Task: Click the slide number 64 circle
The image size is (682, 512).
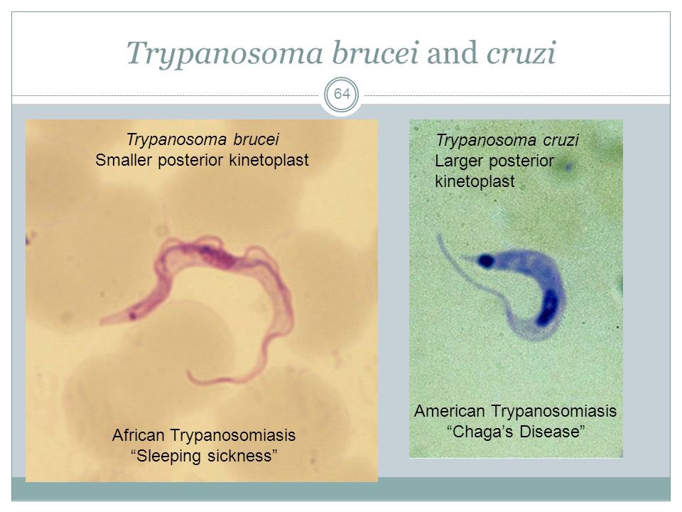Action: pos(342,95)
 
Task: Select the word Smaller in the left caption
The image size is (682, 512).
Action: pos(123,161)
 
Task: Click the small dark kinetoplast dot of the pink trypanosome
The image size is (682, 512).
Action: pos(132,313)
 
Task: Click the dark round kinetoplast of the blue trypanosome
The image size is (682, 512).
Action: pos(487,261)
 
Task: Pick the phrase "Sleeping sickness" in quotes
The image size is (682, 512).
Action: pos(205,455)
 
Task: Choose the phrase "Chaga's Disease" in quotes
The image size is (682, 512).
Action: pos(516,432)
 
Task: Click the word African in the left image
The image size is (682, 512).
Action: pos(139,434)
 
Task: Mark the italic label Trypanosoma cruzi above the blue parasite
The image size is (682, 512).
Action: pos(507,141)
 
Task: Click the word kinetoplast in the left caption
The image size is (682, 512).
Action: pos(268,161)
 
